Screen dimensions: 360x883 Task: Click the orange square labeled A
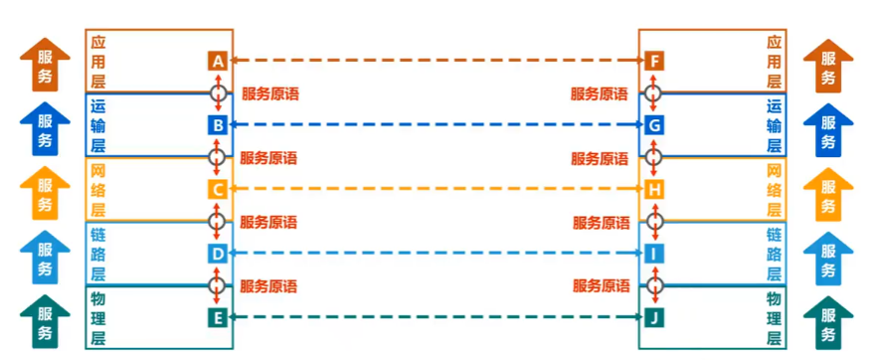tap(218, 62)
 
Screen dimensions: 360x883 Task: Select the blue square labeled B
tap(218, 125)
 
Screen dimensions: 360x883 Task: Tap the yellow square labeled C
tap(218, 189)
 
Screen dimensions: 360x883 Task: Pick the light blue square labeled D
tap(218, 254)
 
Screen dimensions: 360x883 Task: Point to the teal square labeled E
tap(218, 318)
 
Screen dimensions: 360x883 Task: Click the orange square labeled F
tap(653, 62)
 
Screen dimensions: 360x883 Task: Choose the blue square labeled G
tap(653, 125)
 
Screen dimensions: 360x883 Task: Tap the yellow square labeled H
tap(653, 189)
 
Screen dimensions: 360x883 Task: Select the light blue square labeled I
tap(653, 254)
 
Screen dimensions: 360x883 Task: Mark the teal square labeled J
tap(653, 318)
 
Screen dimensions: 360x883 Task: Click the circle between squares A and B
tap(218, 93)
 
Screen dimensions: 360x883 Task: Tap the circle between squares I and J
tap(653, 285)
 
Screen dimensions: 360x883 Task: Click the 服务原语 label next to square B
tap(269, 94)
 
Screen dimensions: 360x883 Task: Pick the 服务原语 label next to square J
tap(601, 286)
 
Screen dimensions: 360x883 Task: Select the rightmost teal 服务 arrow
tap(828, 320)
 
